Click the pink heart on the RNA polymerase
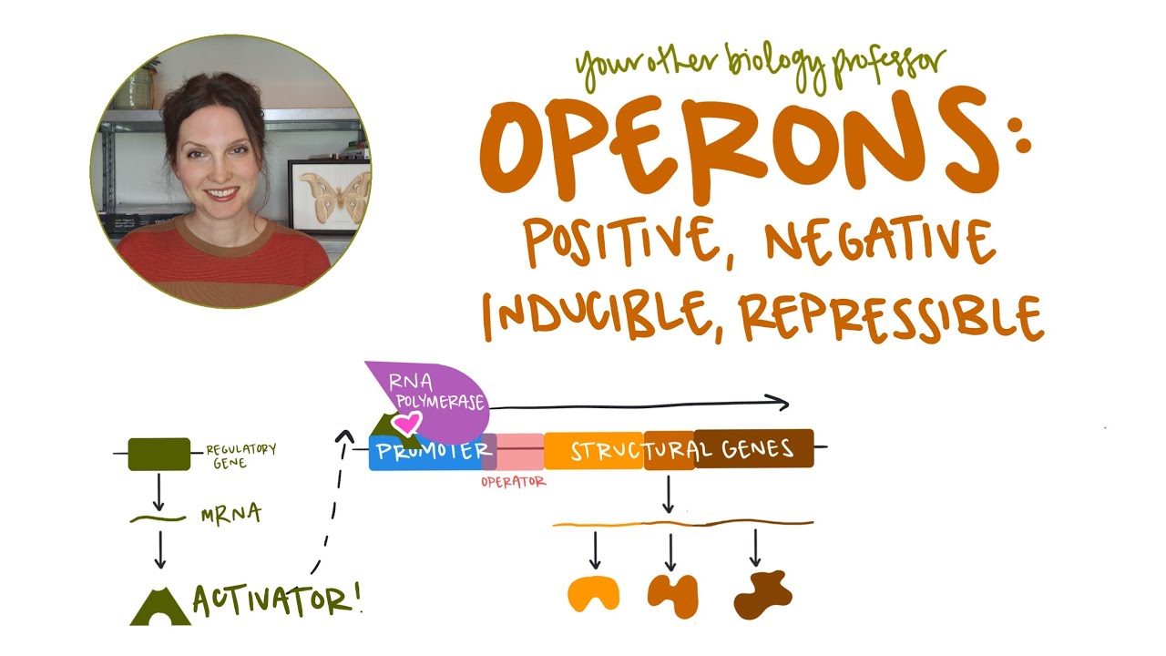tap(408, 422)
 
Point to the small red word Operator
tap(513, 482)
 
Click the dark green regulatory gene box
tap(159, 454)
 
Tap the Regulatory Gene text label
tap(239, 456)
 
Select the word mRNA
tap(230, 516)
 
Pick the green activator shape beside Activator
tap(159, 606)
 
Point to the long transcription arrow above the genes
tap(638, 404)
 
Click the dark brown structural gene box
tap(754, 448)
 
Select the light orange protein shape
tap(593, 593)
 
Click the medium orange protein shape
tap(672, 595)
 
